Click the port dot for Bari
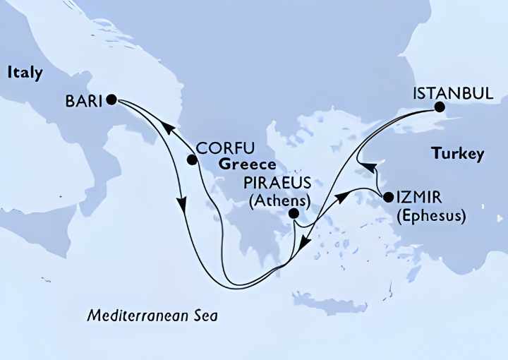point(111,100)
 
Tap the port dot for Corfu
point(191,160)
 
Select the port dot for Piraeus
point(294,214)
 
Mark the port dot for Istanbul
point(439,108)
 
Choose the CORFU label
point(224,148)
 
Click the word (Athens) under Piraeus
point(279,200)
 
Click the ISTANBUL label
point(452,93)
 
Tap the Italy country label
point(25,73)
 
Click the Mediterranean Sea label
point(152,316)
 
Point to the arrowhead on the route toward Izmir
point(340,196)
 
